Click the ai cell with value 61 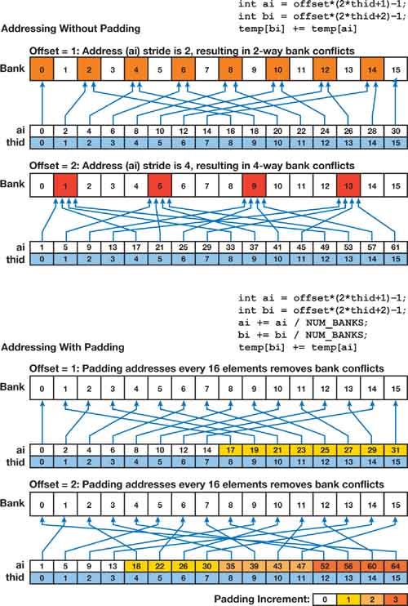coord(397,246)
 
